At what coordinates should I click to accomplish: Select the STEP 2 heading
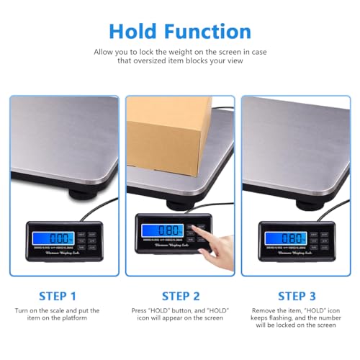180,294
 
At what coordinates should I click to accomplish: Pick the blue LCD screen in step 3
282,238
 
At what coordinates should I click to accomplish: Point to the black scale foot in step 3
299,194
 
